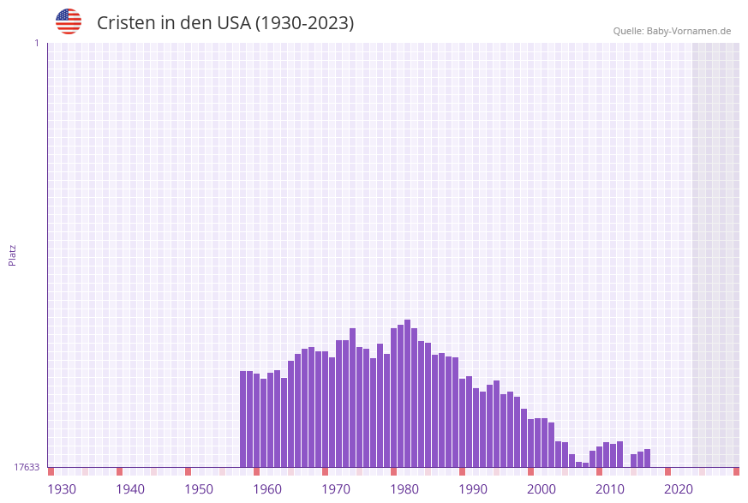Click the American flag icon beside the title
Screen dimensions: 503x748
(x=69, y=21)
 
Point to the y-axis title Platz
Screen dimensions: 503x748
(x=13, y=254)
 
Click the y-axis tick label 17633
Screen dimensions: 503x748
(x=27, y=467)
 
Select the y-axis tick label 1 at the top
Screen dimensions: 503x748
(x=36, y=43)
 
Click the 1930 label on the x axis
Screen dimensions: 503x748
(x=62, y=489)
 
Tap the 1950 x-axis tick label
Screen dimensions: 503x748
(x=199, y=489)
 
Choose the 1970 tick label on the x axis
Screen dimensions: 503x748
(x=336, y=489)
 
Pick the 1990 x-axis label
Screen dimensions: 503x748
(x=473, y=489)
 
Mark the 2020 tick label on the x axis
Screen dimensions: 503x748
(x=679, y=489)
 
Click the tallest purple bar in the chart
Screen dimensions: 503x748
(x=407, y=393)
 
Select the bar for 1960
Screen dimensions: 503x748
(x=270, y=420)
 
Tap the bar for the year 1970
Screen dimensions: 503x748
(x=338, y=404)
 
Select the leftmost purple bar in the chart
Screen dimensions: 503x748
(x=242, y=419)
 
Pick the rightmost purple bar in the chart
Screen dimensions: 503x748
(x=647, y=458)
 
